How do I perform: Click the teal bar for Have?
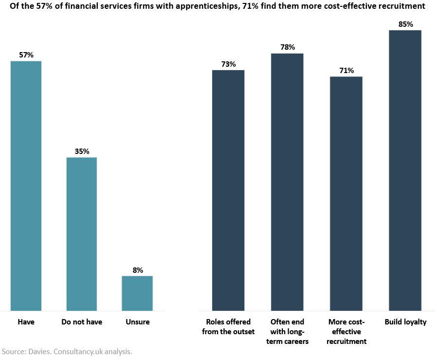click(x=26, y=185)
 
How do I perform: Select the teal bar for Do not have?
click(x=82, y=234)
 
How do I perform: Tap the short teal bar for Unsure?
click(x=137, y=293)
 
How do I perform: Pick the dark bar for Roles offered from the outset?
click(x=228, y=190)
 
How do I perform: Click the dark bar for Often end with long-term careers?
click(x=287, y=181)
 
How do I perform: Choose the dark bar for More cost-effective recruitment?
click(x=346, y=193)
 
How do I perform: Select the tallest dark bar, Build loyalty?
click(x=405, y=170)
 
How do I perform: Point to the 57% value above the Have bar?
click(x=26, y=55)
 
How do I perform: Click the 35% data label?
click(x=82, y=152)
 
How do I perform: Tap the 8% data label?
click(x=138, y=270)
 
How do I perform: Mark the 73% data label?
click(x=228, y=64)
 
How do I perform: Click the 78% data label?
click(x=287, y=47)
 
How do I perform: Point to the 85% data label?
click(x=405, y=24)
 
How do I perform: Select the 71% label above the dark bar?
click(x=347, y=71)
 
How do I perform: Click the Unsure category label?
click(x=138, y=322)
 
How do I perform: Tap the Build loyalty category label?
click(x=405, y=322)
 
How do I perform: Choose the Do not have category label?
click(x=82, y=322)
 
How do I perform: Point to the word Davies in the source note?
click(x=37, y=351)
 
